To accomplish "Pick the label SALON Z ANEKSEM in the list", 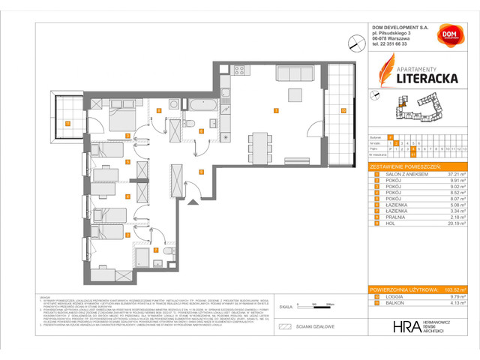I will (x=403, y=173).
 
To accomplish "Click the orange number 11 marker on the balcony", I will (x=67, y=122).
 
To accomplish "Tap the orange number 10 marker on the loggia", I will (x=342, y=110).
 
